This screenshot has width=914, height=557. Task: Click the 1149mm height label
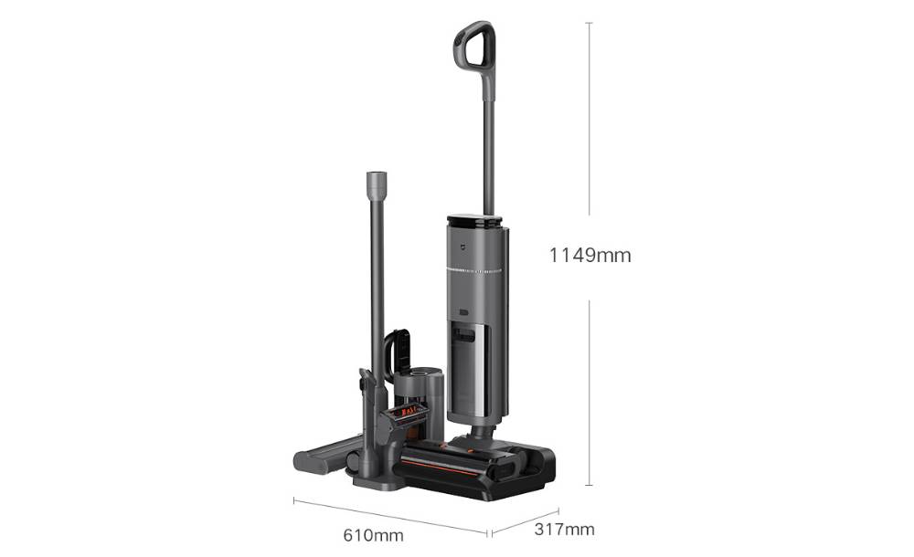(x=590, y=256)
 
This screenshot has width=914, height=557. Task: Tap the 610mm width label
(x=373, y=535)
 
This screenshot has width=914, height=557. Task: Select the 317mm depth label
(x=564, y=530)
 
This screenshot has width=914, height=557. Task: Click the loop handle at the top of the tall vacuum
(x=475, y=46)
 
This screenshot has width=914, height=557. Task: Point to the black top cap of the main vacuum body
(x=474, y=221)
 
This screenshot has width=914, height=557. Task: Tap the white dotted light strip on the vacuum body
(x=474, y=271)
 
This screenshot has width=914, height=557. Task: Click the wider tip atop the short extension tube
(x=377, y=184)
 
